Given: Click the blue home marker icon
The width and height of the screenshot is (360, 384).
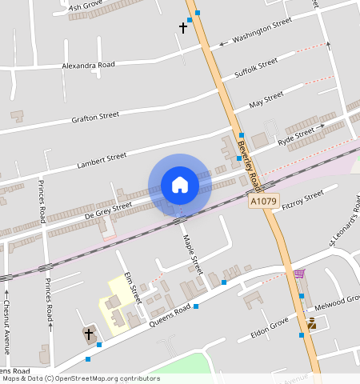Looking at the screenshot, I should (x=180, y=185).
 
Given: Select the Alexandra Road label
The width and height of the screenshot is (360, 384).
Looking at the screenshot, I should (x=89, y=64).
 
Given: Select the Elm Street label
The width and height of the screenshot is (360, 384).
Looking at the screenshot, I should (x=131, y=286).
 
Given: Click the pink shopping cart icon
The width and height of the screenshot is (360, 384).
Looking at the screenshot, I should (x=298, y=274).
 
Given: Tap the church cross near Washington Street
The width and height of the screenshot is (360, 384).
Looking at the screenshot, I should (x=182, y=28).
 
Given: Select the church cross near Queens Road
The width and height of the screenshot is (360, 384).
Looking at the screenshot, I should (x=88, y=333).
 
